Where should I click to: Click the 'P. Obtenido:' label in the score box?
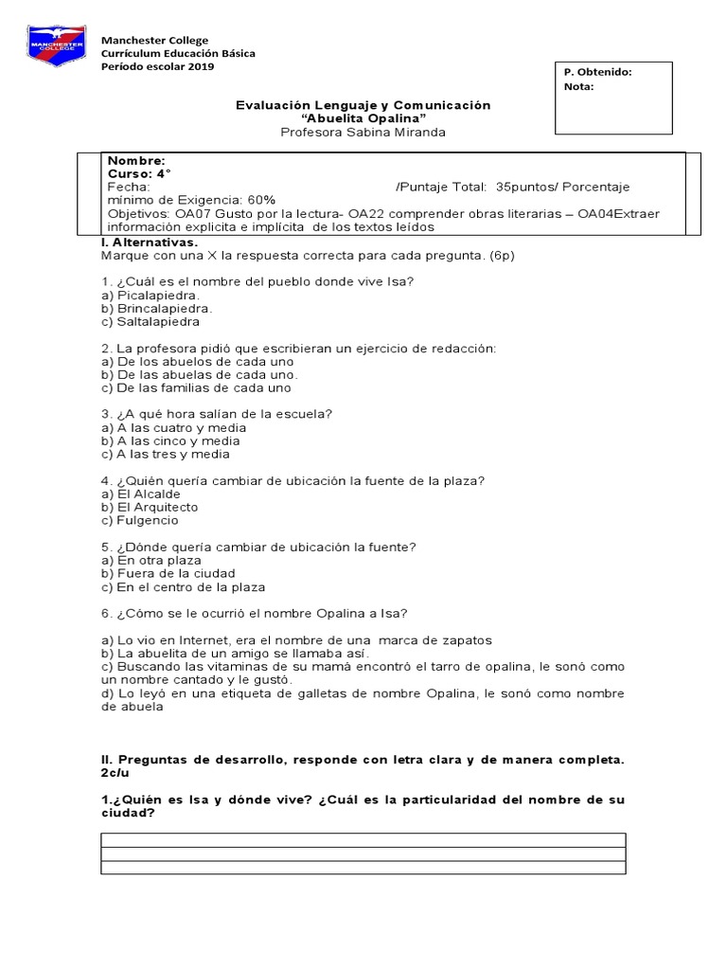point(596,72)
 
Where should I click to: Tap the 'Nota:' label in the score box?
point(578,86)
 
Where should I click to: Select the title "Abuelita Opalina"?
point(363,118)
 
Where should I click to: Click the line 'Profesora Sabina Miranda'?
point(363,133)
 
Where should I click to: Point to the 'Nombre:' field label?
point(136,161)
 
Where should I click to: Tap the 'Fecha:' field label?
point(128,188)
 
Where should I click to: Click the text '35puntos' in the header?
point(524,188)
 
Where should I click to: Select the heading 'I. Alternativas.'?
point(150,242)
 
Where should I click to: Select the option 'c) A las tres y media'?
point(166,455)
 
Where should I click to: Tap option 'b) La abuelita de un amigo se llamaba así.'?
point(235,654)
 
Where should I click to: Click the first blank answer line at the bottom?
point(363,839)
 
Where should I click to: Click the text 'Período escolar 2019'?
point(158,67)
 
